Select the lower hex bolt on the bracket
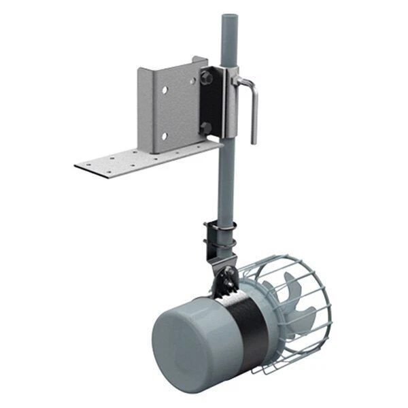204,126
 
